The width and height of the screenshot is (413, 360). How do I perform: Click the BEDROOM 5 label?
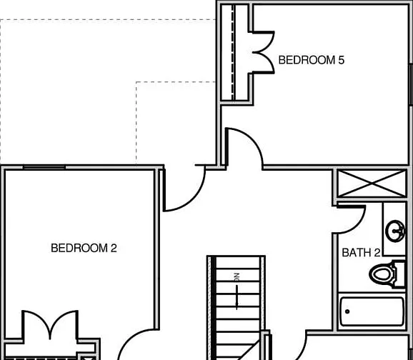click(x=312, y=60)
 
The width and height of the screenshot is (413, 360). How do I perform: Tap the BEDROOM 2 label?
click(x=84, y=248)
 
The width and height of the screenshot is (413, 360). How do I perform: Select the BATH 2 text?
click(x=361, y=253)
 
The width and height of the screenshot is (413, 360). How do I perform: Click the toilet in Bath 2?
click(x=387, y=274)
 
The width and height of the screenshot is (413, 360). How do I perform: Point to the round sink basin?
click(x=395, y=231)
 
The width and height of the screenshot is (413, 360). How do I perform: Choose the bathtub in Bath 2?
click(x=372, y=311)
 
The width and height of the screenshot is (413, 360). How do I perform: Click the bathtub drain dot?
click(x=347, y=311)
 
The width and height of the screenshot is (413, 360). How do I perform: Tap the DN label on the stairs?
click(x=237, y=278)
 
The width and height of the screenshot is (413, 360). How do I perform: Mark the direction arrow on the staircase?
click(x=237, y=297)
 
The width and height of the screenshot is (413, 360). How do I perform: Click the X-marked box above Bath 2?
click(x=372, y=184)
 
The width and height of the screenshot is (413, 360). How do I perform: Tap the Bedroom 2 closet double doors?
click(x=50, y=324)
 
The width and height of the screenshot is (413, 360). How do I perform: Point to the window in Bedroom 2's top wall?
click(x=44, y=167)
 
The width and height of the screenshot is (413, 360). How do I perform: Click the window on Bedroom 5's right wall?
click(x=411, y=84)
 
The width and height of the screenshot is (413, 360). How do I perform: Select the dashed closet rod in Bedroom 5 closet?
click(x=232, y=52)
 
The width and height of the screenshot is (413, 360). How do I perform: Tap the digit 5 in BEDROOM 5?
click(x=341, y=60)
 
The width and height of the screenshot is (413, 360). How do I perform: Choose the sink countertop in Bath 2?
click(x=394, y=229)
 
